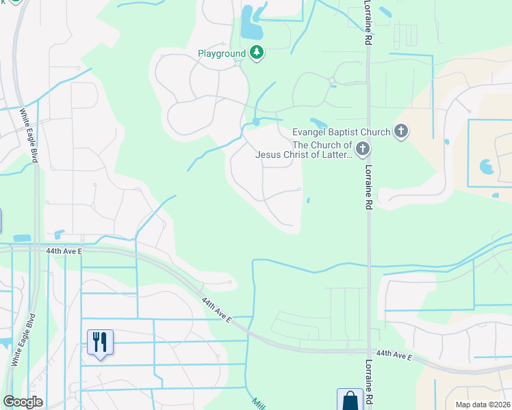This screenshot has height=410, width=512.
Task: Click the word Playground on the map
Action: pyautogui.click(x=221, y=53)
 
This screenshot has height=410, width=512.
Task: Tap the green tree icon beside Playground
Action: pyautogui.click(x=257, y=53)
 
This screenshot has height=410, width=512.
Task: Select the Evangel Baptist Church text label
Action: pyautogui.click(x=341, y=132)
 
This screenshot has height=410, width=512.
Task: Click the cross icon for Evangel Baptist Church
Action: pyautogui.click(x=401, y=131)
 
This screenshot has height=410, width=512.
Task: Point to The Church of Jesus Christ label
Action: pyautogui.click(x=303, y=150)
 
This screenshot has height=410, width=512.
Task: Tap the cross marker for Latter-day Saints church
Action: pyautogui.click(x=363, y=148)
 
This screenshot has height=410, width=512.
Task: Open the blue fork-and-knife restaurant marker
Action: pyautogui.click(x=101, y=342)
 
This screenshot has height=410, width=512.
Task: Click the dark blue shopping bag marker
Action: pyautogui.click(x=350, y=400)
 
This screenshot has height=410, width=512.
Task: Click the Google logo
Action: pyautogui.click(x=23, y=402)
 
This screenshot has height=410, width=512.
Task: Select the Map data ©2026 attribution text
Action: pyautogui.click(x=482, y=405)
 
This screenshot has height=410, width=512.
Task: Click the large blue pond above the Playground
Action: pyautogui.click(x=251, y=26)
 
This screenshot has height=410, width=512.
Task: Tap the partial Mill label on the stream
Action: pyautogui.click(x=257, y=403)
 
